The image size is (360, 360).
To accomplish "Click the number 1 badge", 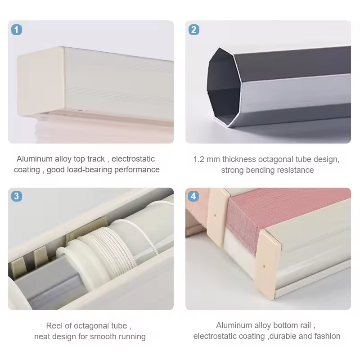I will pyautogui.click(x=17, y=30).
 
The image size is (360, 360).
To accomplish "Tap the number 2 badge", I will pyautogui.click(x=194, y=30).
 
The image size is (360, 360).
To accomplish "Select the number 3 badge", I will pyautogui.click(x=17, y=196).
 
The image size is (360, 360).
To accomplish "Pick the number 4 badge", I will pyautogui.click(x=194, y=196).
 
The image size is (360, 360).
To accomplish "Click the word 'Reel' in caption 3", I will pyautogui.click(x=54, y=325).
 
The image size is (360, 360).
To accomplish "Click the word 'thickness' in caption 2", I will pyautogui.click(x=239, y=159).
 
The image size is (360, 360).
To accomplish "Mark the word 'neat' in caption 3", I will pyautogui.click(x=42, y=336).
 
